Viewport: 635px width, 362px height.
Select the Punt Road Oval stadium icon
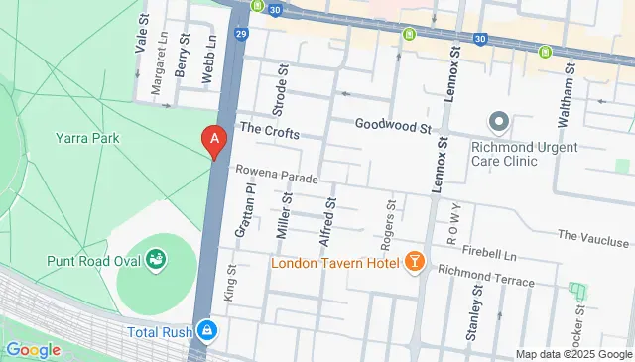[x=156, y=260]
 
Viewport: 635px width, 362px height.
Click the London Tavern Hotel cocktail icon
[x=414, y=262]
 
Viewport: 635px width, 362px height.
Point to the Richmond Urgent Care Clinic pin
[x=498, y=123]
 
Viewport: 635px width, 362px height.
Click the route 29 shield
[x=242, y=34]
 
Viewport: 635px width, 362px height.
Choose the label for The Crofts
[x=263, y=129]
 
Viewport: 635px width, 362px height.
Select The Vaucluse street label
[x=594, y=238]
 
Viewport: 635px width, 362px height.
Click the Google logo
[x=33, y=349]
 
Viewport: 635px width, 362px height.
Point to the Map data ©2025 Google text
[x=572, y=354]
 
